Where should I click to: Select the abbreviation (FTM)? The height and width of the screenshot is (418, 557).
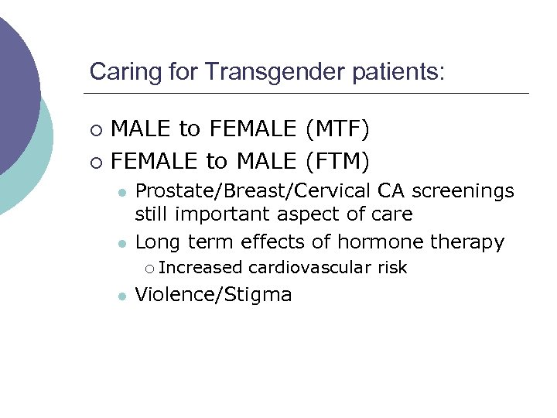click(337, 161)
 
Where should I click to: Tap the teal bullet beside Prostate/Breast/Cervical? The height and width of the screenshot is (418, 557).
click(121, 191)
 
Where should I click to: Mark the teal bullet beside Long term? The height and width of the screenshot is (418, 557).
click(121, 243)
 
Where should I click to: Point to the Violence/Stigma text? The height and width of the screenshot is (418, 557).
click(214, 295)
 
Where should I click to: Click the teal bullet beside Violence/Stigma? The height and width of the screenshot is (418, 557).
click(121, 295)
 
